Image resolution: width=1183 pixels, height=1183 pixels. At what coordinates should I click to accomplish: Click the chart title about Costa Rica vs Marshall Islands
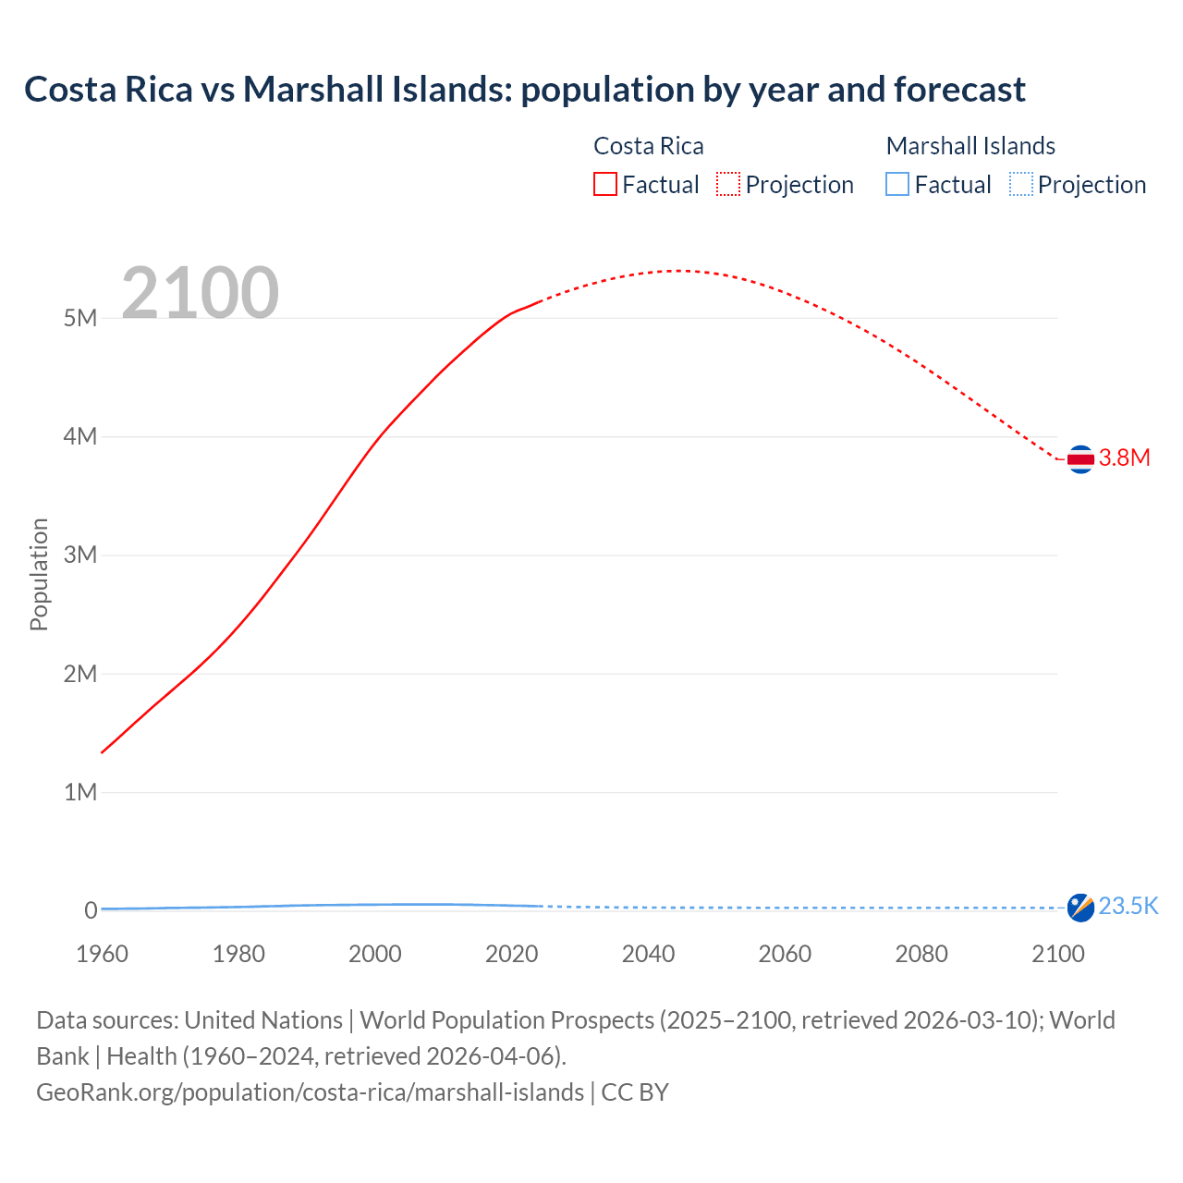524,90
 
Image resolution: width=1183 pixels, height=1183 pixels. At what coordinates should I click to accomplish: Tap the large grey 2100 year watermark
200,293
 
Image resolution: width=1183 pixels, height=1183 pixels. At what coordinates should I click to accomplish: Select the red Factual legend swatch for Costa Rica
604,185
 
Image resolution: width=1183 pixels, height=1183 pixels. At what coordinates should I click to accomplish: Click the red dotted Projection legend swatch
728,185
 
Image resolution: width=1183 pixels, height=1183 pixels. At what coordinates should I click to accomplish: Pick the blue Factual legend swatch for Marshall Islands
896,185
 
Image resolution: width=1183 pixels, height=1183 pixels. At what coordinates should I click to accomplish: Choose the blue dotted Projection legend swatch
1020,185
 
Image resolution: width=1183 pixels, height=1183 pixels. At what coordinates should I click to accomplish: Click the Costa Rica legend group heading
648,146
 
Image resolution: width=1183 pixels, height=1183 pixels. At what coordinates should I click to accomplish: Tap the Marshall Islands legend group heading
970,146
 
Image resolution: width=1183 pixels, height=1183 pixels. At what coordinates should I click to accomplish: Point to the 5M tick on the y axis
80,318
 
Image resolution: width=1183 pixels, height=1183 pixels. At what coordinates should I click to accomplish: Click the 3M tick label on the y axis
80,555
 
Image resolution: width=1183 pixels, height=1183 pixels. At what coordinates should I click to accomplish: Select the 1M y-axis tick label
80,792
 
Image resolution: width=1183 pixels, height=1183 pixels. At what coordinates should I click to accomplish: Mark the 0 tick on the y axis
91,910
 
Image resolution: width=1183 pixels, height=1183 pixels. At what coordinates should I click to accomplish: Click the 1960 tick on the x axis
102,954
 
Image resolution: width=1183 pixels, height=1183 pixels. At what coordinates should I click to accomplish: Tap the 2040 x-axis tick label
648,954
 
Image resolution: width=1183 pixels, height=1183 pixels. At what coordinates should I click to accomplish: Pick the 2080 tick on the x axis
921,954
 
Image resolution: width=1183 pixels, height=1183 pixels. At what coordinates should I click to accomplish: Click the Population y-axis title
39,574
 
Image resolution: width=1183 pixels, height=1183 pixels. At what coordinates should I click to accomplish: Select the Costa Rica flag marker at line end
1080,458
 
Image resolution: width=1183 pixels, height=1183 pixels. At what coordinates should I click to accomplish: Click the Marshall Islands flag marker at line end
1080,908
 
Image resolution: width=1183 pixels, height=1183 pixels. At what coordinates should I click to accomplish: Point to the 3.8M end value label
1124,458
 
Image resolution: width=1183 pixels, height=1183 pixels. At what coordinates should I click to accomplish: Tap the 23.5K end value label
1128,906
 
